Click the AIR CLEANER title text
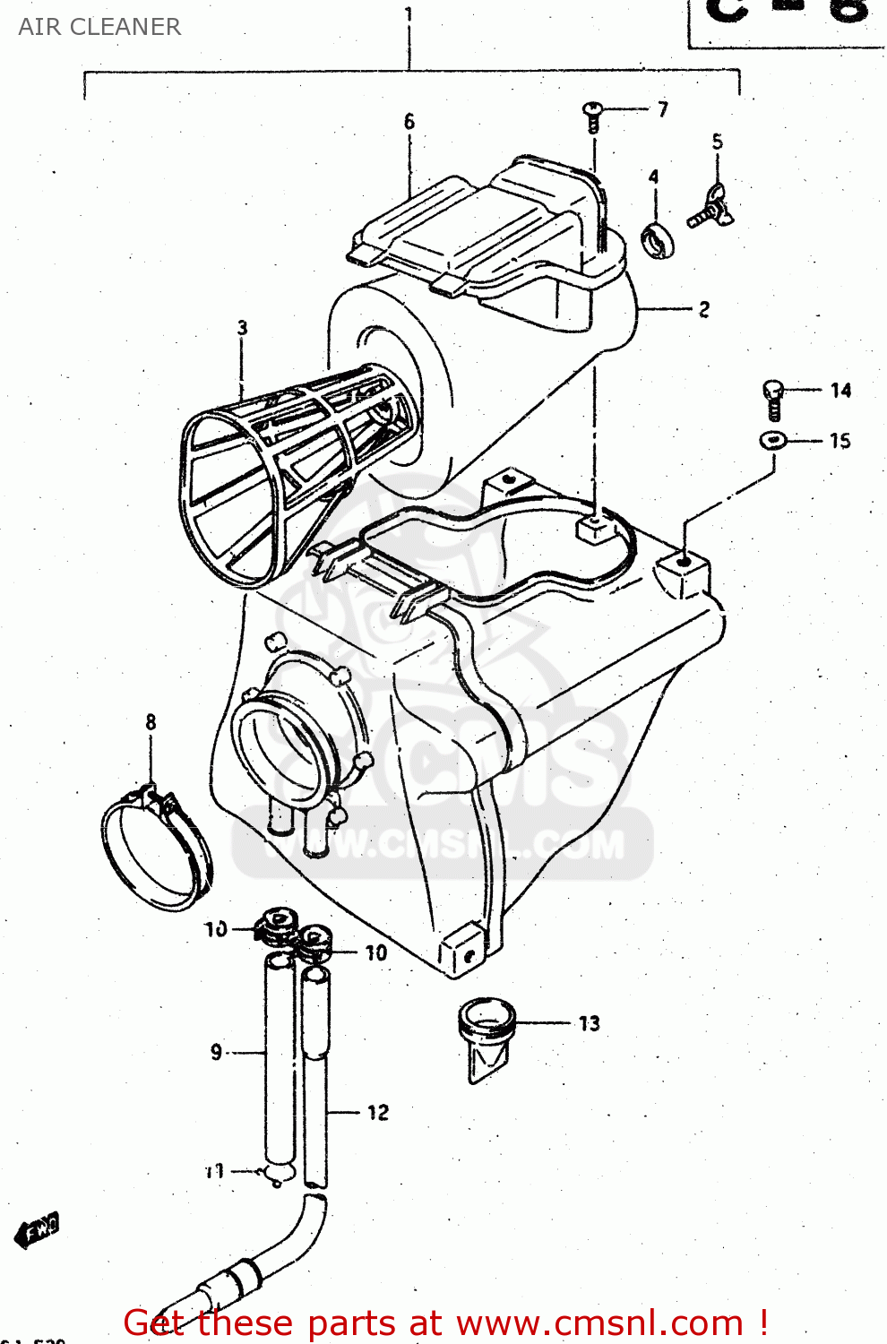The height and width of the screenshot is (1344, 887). pyautogui.click(x=99, y=27)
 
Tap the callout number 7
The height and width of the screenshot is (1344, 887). pyautogui.click(x=662, y=109)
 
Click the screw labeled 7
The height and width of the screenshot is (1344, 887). pyautogui.click(x=592, y=115)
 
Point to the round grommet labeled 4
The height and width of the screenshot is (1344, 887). pyautogui.click(x=658, y=239)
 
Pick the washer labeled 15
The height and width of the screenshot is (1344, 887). pyautogui.click(x=772, y=440)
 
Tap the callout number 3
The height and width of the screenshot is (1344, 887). pyautogui.click(x=242, y=328)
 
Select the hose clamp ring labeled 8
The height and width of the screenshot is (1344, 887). pyautogui.click(x=156, y=851)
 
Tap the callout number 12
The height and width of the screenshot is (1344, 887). pyautogui.click(x=377, y=1113)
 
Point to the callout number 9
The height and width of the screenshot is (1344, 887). pyautogui.click(x=216, y=1052)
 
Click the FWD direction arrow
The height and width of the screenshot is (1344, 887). pyautogui.click(x=38, y=1231)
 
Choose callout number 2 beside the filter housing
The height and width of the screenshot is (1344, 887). pyautogui.click(x=703, y=309)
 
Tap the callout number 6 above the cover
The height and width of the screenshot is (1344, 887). pyautogui.click(x=409, y=122)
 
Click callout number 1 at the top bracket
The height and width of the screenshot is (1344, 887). pyautogui.click(x=409, y=15)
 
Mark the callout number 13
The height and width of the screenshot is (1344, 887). pyautogui.click(x=589, y=1023)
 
